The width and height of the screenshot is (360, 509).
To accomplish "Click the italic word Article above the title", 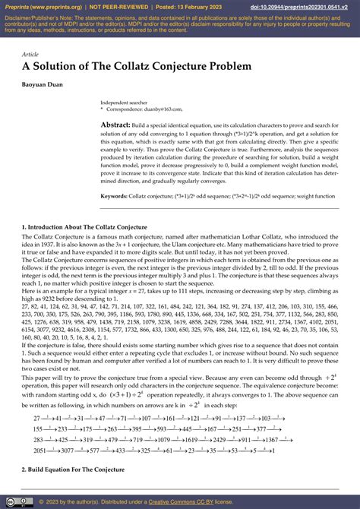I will click(30, 55).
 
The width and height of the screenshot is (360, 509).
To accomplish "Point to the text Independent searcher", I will click(125, 102).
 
